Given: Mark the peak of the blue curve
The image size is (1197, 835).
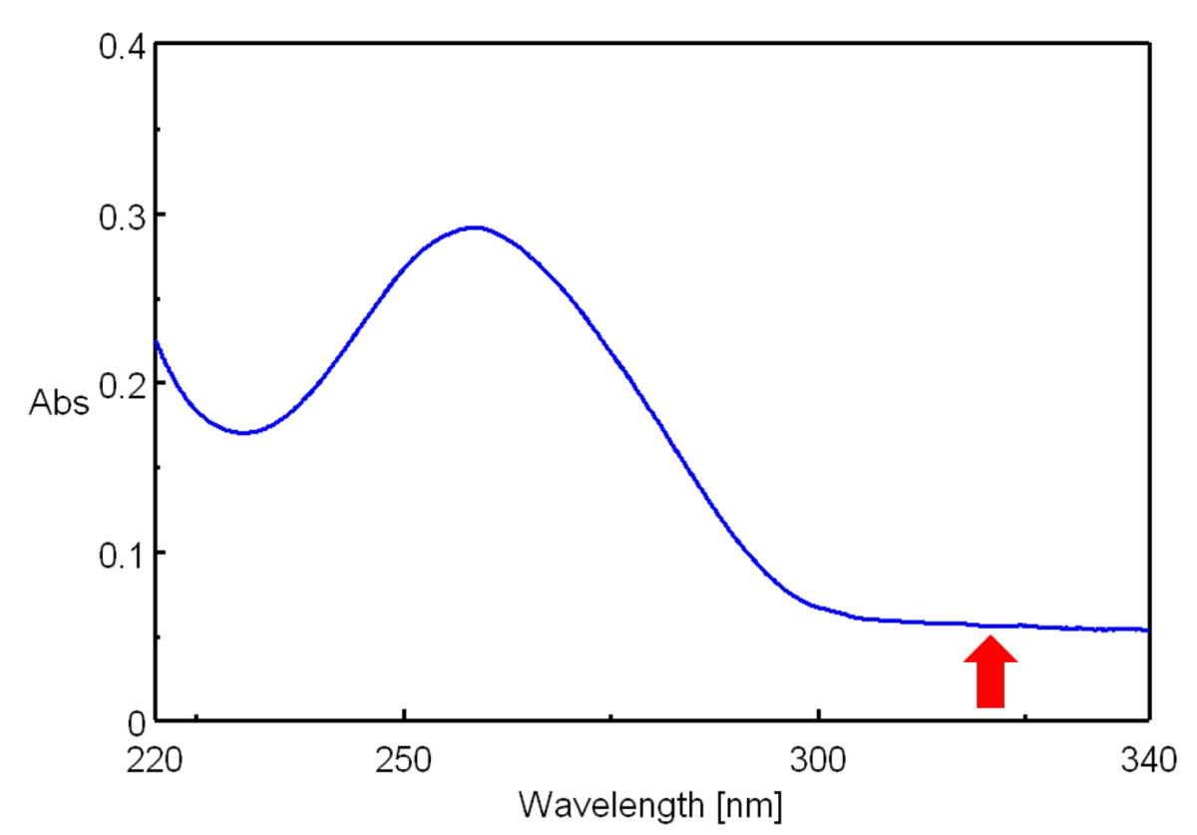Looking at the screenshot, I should coord(476,227).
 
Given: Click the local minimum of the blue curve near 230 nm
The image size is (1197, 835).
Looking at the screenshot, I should coord(244,433).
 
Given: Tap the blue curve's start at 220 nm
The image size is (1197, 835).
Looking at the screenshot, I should coord(157,342).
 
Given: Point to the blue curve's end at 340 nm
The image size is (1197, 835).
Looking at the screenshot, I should coord(1148,629).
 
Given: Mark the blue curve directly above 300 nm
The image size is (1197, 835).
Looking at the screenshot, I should coord(818,607).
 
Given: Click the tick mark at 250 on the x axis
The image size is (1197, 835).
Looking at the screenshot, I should coord(403,714).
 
